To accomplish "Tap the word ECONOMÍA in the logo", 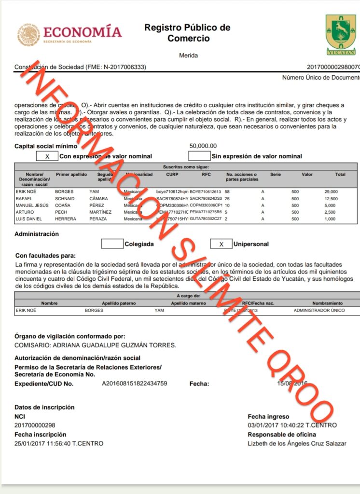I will point(83,32).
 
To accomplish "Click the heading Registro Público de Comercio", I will point(187,33).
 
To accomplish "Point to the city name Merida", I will point(188,55).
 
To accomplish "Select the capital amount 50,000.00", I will point(203,146).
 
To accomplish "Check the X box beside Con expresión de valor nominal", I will point(47,156).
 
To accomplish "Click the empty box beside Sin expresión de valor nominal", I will point(199,156).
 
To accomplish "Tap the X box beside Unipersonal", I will point(221,244).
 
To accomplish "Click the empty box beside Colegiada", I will point(112,244).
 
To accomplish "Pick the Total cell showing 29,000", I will point(331,192).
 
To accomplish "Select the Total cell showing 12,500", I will point(331,198).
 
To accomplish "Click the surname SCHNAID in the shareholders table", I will point(65,198).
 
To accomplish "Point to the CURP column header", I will point(172,175).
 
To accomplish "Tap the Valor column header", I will point(307,175).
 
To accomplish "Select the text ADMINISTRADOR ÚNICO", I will point(319,310).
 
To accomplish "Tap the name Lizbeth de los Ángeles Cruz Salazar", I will point(296,443).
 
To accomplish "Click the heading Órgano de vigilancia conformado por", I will point(70,336).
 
